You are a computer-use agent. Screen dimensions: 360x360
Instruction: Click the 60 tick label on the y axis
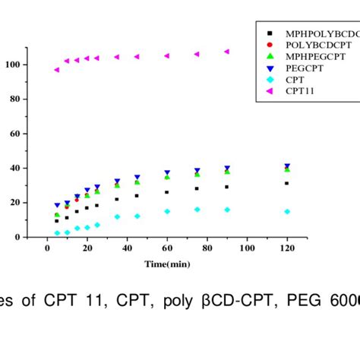[x=15, y=134]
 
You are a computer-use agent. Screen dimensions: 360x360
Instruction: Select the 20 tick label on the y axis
[x=15, y=202]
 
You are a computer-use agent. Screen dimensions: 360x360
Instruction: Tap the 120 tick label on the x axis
[x=287, y=248]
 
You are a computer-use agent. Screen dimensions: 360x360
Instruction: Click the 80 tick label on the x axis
[x=207, y=248]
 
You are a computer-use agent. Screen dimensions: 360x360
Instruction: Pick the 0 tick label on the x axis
[x=47, y=248]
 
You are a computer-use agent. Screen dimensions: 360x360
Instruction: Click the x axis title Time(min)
[x=168, y=264]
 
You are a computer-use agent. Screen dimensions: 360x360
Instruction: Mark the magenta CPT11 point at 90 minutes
[x=226, y=52]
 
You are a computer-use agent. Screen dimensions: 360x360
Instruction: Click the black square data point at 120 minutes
[x=286, y=183]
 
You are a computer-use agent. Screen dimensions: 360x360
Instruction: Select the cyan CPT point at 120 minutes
[x=286, y=211]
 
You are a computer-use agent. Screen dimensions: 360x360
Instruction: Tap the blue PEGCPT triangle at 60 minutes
[x=167, y=173]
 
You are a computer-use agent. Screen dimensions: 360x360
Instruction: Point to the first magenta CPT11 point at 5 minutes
[x=57, y=70]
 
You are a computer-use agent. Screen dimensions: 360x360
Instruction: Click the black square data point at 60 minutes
[x=167, y=192]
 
